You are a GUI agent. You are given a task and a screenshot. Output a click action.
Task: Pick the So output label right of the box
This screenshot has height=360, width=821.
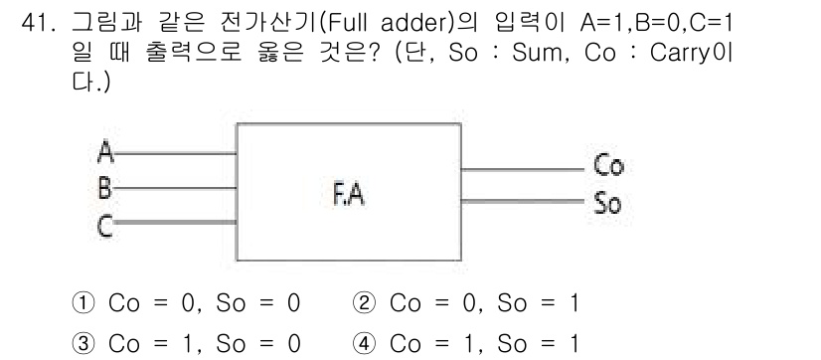(606, 203)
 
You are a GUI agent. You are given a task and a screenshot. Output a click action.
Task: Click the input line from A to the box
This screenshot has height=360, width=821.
(174, 154)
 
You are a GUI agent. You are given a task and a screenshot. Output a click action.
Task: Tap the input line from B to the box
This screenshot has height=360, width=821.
(174, 186)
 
